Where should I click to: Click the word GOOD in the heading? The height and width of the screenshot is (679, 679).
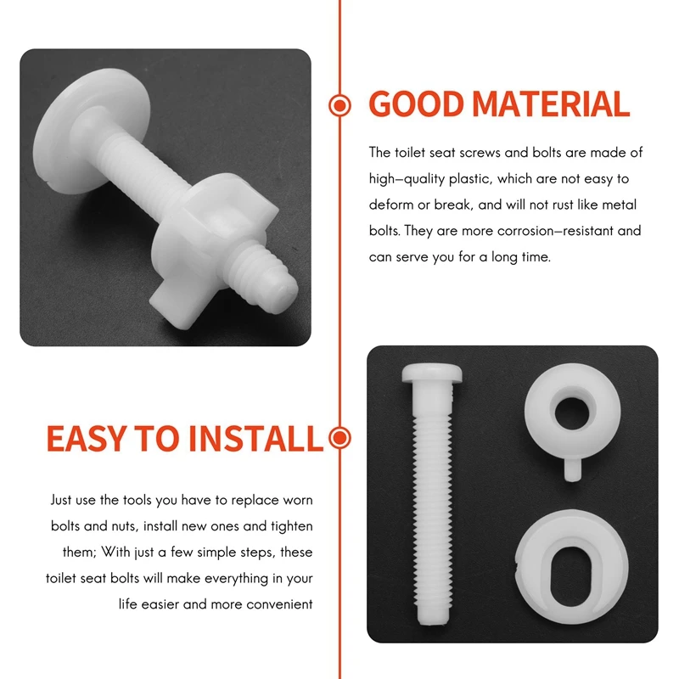[417, 104]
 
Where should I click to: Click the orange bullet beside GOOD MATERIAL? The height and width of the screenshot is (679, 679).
[339, 105]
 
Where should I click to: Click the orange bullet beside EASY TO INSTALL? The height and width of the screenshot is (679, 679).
[339, 439]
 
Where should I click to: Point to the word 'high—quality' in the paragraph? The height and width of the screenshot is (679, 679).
[407, 179]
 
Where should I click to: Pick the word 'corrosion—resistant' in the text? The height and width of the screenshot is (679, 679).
[543, 231]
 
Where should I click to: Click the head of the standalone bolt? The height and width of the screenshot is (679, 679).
[429, 373]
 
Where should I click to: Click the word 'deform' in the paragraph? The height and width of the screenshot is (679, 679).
[390, 205]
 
